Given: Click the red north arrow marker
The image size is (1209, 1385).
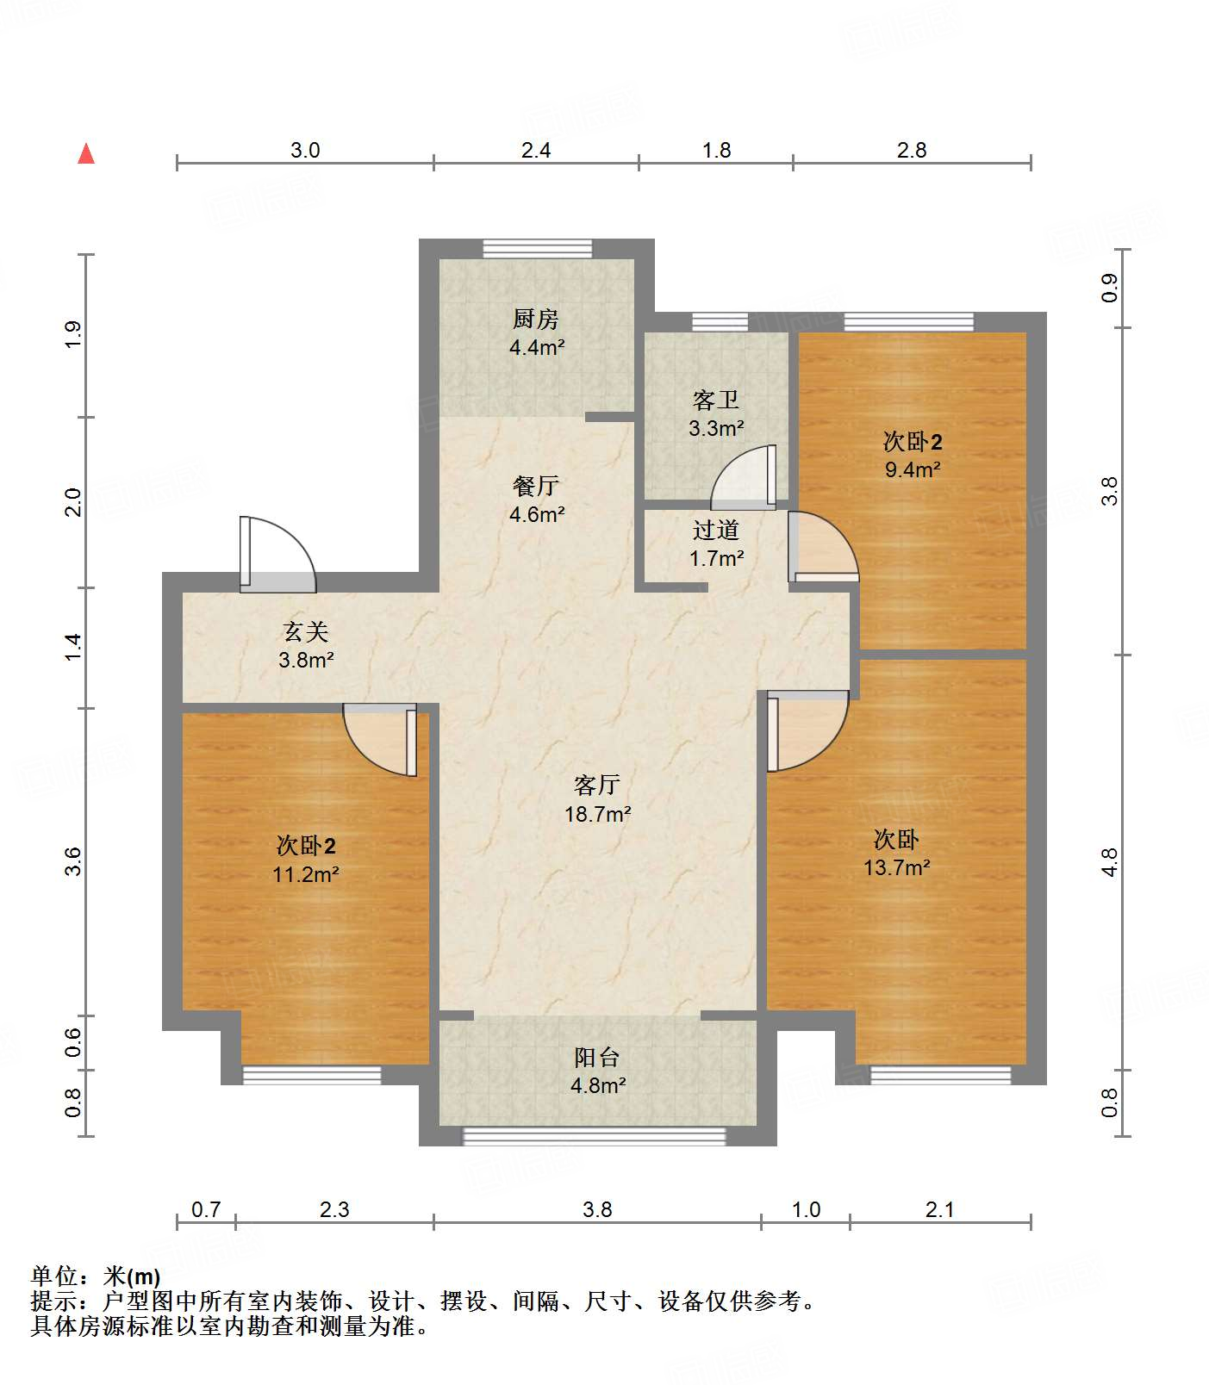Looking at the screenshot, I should click(86, 154).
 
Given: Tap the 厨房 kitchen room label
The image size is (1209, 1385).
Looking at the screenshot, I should click(536, 320).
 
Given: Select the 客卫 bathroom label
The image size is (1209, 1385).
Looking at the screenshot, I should click(715, 401).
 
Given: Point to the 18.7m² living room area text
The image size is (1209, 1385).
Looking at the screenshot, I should click(597, 814).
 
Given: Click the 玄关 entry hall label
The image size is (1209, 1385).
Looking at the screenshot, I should click(306, 632).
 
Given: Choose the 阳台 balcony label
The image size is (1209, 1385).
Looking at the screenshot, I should click(597, 1058).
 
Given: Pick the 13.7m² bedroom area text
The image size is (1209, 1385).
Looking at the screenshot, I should click(896, 867).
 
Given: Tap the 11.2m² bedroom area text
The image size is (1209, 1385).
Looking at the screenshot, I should click(306, 874).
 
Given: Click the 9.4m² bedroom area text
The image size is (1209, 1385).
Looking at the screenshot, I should click(913, 469).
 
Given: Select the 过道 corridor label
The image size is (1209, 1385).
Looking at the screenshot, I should click(715, 531).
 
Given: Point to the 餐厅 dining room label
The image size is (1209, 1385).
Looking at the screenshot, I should click(536, 487).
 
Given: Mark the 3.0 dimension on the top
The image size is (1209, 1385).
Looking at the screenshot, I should click(305, 151).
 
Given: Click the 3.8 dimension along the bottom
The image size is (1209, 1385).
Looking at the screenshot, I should click(597, 1210).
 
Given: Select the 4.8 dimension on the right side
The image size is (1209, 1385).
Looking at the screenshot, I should click(1109, 862).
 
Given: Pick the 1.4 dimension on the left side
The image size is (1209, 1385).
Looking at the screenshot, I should click(74, 647).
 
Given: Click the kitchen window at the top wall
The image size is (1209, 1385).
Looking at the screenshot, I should click(537, 249).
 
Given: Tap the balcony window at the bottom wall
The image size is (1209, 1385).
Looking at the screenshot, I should click(595, 1136).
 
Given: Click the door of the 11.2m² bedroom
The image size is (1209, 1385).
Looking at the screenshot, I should click(382, 739).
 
